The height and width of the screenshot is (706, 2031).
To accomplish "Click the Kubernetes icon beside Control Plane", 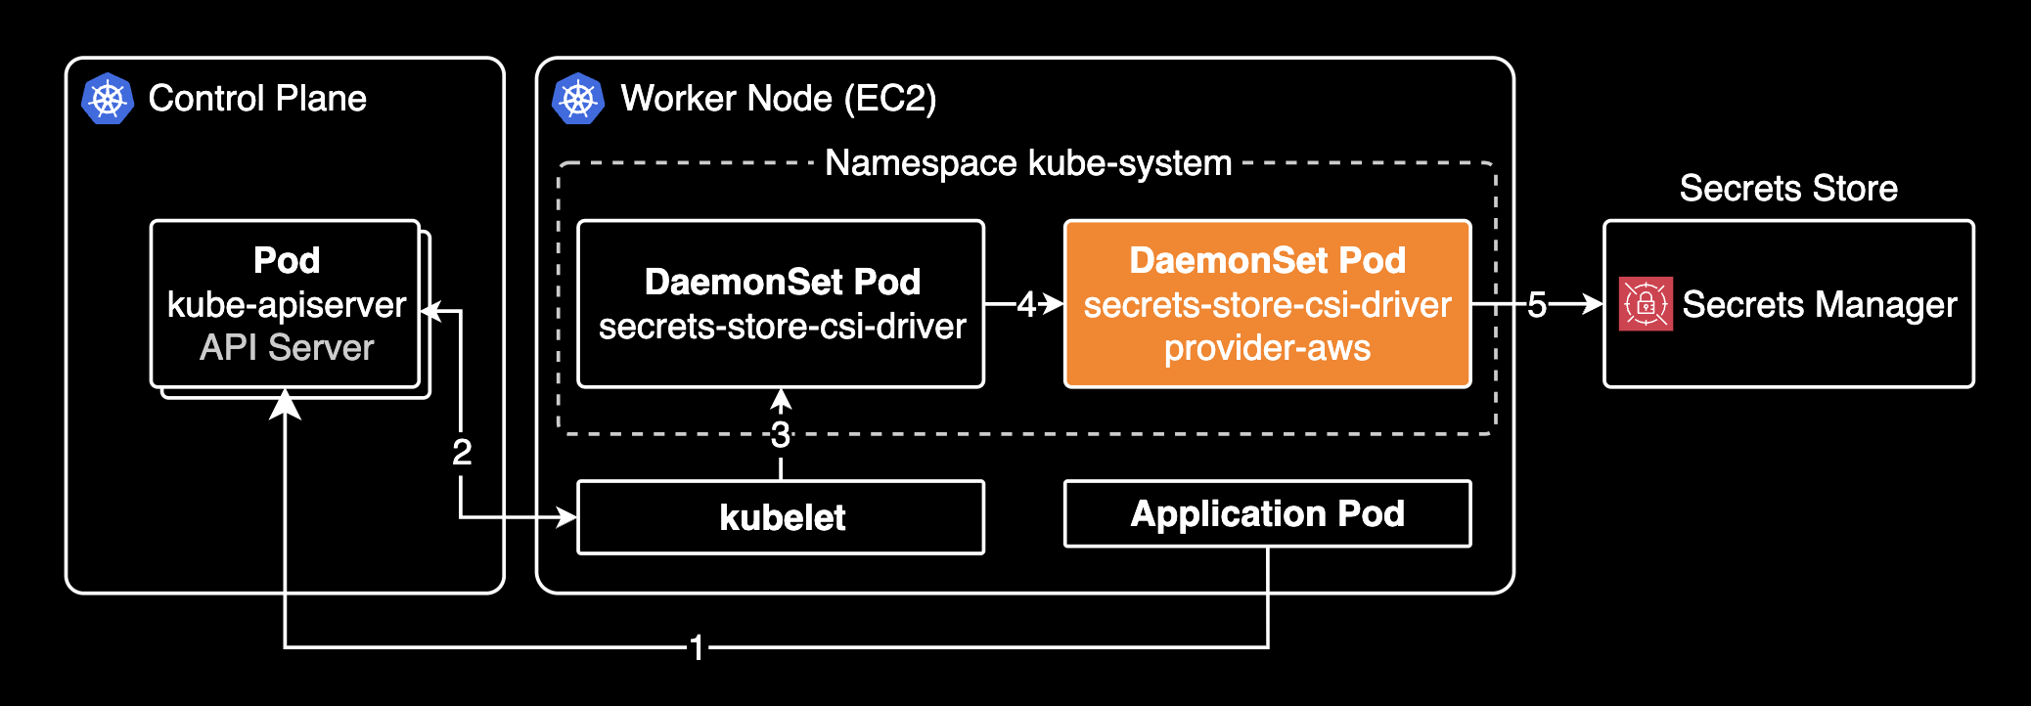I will coord(108,99).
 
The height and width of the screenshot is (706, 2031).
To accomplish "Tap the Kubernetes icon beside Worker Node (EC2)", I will coord(578,99).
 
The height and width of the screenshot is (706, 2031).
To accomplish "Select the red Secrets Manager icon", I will coord(1646,304).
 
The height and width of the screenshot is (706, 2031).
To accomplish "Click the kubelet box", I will coord(781,517).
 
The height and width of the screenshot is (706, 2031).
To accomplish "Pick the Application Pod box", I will coord(1267,513).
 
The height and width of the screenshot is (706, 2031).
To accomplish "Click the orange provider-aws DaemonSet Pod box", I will coord(1267,304).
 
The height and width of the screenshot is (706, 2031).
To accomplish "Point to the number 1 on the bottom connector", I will coord(697,647).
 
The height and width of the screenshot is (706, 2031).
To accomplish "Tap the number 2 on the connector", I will coord(462,452).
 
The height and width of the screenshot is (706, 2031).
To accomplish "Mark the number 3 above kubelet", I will coord(781,435).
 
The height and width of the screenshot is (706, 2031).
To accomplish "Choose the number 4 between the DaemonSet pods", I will coord(1025,305).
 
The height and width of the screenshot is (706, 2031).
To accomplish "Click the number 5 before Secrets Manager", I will coord(1537,305).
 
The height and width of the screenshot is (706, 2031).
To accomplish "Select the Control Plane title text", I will coord(257,99).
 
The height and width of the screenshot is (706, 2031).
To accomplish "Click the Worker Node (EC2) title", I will coord(779,99).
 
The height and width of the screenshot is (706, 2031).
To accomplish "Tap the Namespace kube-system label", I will coord(1028,163).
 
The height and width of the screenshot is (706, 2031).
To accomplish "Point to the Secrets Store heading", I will coord(1788,188).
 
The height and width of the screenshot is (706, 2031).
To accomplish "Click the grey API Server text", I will coord(287,348).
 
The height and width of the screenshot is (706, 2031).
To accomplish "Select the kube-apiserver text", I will coord(287,305).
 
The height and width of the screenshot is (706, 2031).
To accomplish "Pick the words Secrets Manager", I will coord(1820,305).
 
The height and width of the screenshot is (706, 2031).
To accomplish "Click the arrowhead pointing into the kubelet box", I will coord(566,516).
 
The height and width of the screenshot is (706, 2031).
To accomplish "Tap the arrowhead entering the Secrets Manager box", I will coord(1593,304).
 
